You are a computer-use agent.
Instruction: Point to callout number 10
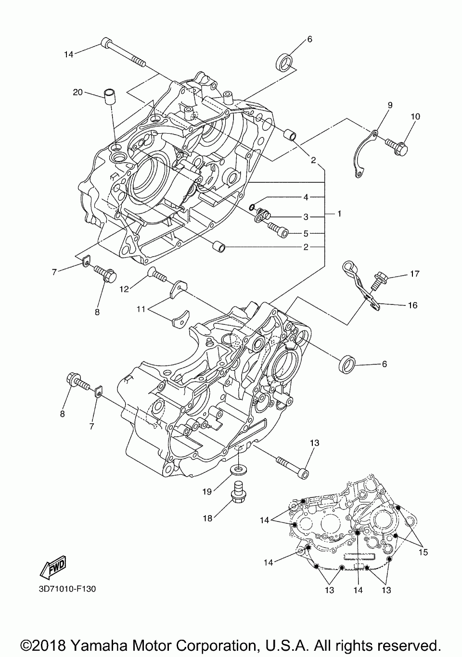[415, 116]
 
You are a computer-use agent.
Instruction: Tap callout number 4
[305, 197]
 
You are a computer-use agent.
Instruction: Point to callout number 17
[414, 274]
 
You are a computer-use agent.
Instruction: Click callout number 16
[412, 305]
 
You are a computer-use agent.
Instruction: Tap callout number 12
[124, 289]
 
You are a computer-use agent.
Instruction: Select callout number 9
[390, 104]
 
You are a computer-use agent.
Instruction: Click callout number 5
[305, 234]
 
